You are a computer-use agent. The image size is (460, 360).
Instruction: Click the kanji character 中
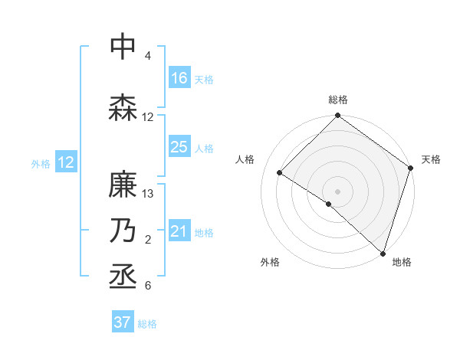coord(123,47)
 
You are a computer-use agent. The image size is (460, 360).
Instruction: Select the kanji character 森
coord(123,108)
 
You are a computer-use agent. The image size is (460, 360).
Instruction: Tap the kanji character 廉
coord(123,185)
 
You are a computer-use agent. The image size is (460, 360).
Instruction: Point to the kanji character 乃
coord(123,231)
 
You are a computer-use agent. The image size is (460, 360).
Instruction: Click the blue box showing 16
coord(179,78)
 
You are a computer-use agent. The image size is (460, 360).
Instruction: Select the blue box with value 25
coord(179,147)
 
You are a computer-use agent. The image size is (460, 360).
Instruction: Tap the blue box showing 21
coord(179,231)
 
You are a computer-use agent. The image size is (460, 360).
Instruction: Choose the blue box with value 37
coord(123,322)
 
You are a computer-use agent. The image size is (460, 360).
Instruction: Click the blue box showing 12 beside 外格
coord(66,162)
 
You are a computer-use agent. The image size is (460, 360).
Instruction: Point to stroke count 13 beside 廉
coord(148,194)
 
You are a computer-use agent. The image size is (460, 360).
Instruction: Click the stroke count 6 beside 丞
coord(147,286)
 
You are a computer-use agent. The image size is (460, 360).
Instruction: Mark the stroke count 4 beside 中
coord(147,56)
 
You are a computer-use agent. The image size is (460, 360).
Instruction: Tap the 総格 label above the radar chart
coord(337,100)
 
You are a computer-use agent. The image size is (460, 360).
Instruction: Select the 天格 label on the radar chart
coord(431,159)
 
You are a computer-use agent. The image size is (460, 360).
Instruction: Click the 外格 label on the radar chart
coord(270,262)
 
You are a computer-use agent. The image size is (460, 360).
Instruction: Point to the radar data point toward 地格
coord(383,253)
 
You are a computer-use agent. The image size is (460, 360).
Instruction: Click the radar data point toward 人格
coord(280,172)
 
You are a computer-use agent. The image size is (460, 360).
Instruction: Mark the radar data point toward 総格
coord(337,116)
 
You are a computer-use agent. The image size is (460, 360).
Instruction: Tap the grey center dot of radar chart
coord(337,191)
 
